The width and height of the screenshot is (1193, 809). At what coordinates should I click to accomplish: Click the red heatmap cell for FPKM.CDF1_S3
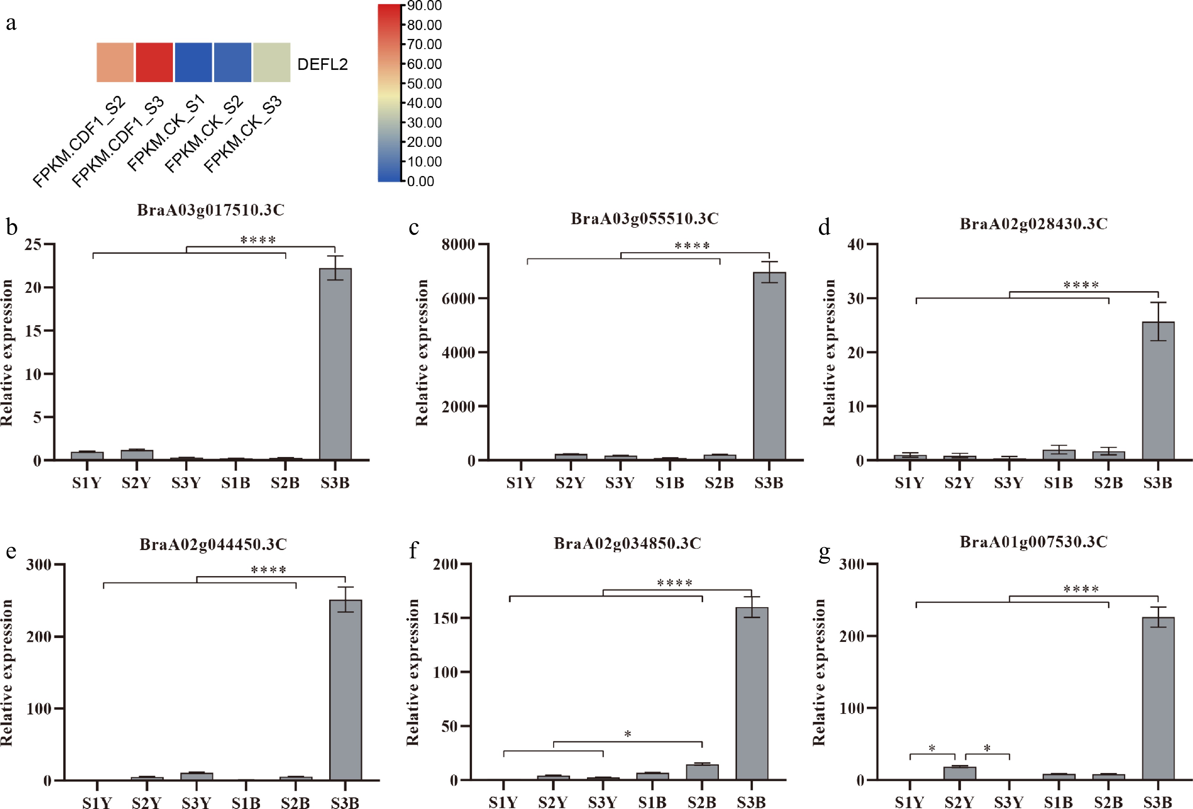[154, 62]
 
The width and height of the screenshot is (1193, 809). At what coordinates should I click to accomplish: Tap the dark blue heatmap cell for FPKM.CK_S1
[193, 62]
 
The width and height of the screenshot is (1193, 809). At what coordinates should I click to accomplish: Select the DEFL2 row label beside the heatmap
[322, 64]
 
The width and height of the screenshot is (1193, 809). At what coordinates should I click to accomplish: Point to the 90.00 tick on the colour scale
[424, 6]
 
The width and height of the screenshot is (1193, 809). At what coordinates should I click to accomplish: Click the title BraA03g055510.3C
[644, 219]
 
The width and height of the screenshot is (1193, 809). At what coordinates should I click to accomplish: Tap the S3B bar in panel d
[1158, 390]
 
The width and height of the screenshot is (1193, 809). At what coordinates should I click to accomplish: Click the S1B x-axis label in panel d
[1058, 483]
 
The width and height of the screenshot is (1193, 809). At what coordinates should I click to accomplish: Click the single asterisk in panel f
[627, 734]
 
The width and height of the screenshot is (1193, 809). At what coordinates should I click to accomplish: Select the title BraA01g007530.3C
[1033, 542]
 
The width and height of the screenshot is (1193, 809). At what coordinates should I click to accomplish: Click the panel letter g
[824, 552]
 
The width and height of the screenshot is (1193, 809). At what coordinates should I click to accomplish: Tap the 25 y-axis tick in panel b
[33, 244]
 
